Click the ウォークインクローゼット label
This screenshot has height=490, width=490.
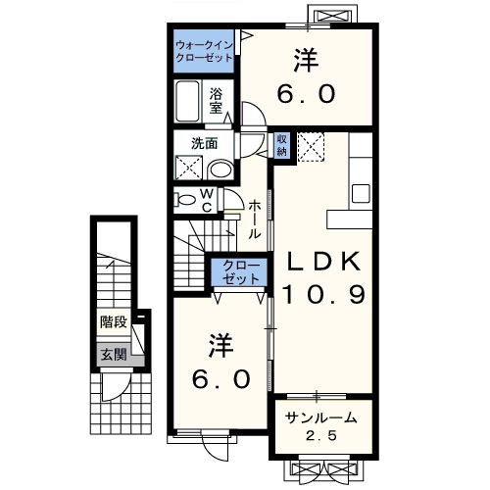(204, 52)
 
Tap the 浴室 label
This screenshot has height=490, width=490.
(216, 101)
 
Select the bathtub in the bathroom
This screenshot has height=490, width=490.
(187, 101)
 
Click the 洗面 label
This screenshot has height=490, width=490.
(205, 143)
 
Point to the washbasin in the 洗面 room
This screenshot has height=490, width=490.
(220, 170)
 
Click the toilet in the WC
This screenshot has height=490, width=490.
(184, 200)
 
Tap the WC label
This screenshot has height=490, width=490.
(208, 201)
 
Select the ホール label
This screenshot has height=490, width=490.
(255, 220)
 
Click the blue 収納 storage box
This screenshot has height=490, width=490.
(282, 145)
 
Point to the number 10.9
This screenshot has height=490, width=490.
(323, 294)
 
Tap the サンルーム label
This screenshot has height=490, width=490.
(320, 417)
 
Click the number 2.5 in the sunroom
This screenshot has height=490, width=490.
(321, 436)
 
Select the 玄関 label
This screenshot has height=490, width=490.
(114, 355)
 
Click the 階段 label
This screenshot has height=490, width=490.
(114, 322)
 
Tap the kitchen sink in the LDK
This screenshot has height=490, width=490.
(361, 193)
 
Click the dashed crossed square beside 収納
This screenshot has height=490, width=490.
(311, 147)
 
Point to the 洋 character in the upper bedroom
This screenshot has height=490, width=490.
(307, 60)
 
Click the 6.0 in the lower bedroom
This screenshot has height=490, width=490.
(221, 379)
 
